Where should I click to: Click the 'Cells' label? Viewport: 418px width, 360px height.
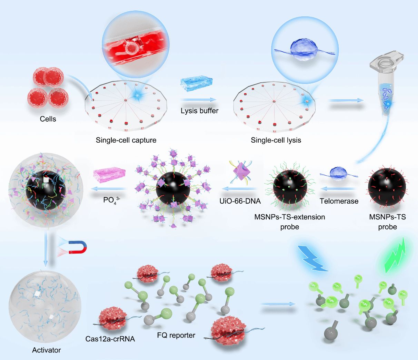(48, 119)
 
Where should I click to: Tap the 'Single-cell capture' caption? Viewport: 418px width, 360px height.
(126, 140)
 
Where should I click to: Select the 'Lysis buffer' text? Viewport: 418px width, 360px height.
(199, 111)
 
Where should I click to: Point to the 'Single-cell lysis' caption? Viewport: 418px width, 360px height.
(276, 140)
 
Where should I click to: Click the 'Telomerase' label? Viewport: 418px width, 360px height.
(339, 201)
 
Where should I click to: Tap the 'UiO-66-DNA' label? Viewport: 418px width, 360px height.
(240, 201)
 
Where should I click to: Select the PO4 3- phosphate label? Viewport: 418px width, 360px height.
(111, 200)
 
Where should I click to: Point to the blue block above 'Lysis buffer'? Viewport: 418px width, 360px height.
(196, 83)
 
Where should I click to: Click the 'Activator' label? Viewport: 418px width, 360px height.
(47, 350)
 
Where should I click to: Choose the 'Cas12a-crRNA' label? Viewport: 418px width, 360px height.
(110, 339)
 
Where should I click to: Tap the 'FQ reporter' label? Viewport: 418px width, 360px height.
(176, 335)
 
